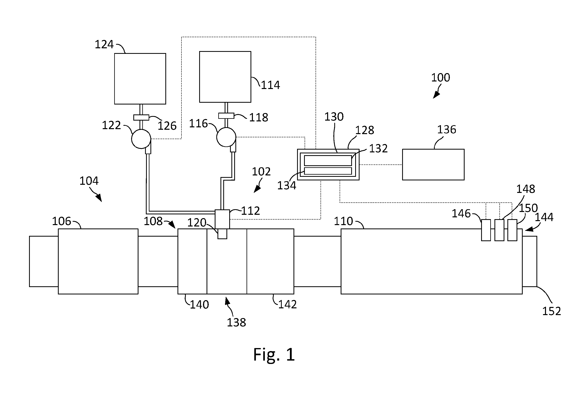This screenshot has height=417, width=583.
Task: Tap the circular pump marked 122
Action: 141,139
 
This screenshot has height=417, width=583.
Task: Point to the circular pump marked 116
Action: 226,137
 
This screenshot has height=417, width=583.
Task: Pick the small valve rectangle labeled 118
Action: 226,116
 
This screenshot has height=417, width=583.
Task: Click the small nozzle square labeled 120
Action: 222,234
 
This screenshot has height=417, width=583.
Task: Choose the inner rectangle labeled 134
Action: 328,171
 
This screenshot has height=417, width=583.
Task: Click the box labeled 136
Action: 433,164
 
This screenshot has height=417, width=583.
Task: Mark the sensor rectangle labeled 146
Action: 486,230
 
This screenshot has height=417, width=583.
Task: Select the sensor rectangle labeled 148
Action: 499,230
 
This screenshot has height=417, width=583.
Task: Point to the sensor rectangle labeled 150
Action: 512,230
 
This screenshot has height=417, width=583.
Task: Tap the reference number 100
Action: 441,77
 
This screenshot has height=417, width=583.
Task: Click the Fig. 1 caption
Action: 274,355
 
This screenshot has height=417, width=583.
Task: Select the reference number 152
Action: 552,311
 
